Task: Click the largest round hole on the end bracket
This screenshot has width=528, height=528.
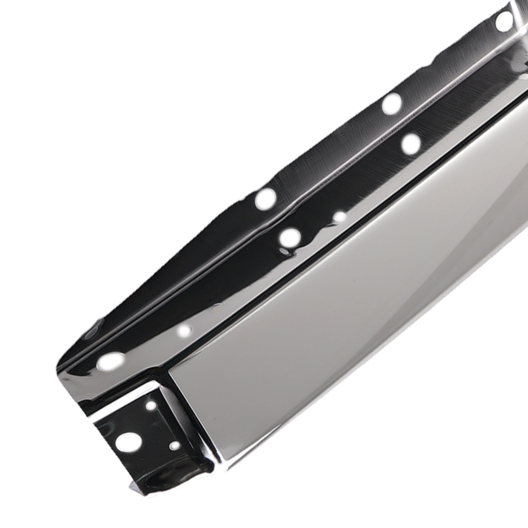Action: pos(128,441)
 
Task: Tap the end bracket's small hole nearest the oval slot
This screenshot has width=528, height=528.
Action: pos(151,406)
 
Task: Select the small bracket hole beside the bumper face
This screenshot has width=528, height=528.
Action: pos(175,446)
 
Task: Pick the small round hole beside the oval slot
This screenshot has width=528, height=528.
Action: pos(184,331)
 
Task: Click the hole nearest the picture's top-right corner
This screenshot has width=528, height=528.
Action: pos(504,21)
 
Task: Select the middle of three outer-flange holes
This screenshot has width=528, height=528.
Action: pos(391,103)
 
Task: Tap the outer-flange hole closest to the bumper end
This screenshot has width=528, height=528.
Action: pos(266,199)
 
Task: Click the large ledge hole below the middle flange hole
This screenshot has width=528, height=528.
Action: pos(410,143)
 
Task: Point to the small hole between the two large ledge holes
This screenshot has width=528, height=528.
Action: pos(340,216)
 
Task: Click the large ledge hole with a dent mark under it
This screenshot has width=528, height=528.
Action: pos(290,238)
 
